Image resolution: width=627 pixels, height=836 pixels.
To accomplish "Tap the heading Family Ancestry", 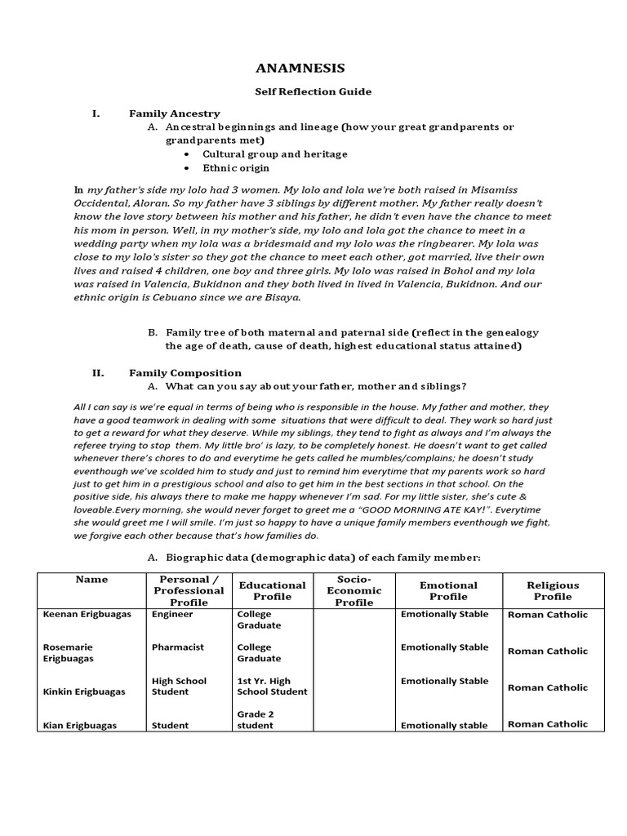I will point(174,113).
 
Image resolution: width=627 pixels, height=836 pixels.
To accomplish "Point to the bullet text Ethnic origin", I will point(235,167).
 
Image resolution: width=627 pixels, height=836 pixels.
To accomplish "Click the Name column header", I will point(91,580).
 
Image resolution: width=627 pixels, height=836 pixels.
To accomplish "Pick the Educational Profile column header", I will point(272,590).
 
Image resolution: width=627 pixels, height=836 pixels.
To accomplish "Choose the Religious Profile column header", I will point(553,590).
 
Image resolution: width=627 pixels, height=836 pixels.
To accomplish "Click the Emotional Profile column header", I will point(447,590).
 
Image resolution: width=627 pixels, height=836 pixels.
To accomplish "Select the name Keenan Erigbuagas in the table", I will point(87,614).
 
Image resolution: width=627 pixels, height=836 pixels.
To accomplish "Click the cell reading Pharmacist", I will point(178,647).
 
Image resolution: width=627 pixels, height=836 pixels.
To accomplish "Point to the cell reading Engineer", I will point(172,614).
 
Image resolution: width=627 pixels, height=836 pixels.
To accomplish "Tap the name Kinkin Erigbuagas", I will point(84,691).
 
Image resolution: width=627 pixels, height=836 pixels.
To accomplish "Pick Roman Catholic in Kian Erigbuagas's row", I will point(547,724).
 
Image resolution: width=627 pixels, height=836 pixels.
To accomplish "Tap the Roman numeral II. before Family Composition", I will point(98,372).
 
